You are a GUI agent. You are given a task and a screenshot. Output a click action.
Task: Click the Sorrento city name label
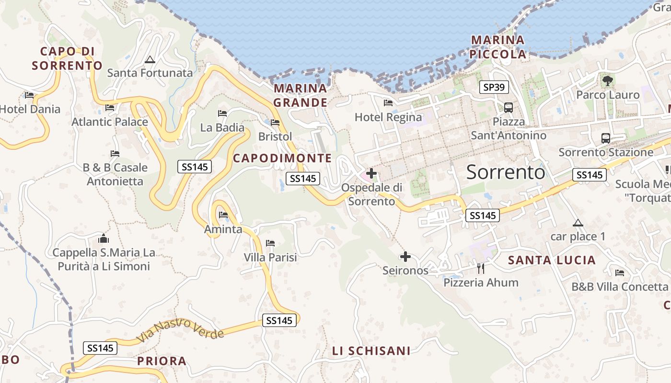click(506, 172)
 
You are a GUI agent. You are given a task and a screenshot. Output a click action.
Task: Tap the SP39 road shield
click(494, 87)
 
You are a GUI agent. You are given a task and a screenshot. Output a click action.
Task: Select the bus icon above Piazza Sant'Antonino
click(509, 107)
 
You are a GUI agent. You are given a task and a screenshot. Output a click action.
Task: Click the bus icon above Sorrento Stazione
click(606, 138)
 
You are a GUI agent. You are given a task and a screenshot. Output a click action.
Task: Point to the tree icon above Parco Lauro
click(608, 80)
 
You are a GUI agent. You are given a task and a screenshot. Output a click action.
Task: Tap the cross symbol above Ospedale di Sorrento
click(371, 173)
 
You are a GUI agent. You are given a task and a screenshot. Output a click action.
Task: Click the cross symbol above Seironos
click(405, 257)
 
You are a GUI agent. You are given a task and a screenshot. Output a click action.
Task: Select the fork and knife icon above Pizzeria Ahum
click(481, 268)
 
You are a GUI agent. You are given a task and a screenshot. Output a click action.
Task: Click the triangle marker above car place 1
click(578, 223)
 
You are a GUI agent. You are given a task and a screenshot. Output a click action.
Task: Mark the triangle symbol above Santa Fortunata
click(150, 59)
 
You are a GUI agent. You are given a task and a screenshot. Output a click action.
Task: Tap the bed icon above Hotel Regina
click(388, 103)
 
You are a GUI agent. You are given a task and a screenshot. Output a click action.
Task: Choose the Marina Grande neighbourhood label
click(301, 95)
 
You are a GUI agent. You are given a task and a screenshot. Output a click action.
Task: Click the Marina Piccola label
click(498, 47)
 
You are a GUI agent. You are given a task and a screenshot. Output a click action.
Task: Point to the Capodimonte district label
click(282, 158)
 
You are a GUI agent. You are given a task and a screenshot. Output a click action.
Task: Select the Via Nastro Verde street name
click(180, 330)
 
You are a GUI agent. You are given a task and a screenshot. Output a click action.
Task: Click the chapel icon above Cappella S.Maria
click(103, 238)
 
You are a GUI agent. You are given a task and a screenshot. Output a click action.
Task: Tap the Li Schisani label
click(371, 351)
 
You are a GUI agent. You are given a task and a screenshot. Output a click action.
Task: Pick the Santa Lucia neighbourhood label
click(552, 260)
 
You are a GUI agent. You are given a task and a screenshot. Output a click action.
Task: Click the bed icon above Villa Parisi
click(270, 243)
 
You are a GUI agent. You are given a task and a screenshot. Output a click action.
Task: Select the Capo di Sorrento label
click(67, 58)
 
